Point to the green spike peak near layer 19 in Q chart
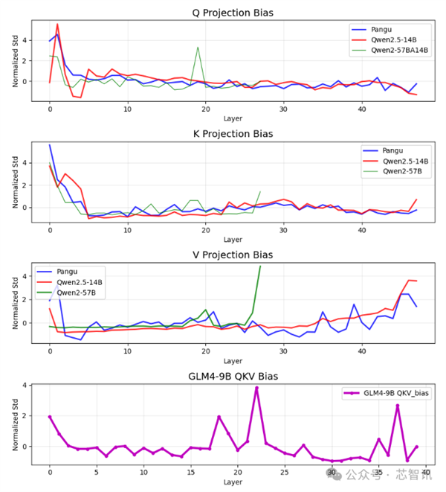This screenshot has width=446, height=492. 198,48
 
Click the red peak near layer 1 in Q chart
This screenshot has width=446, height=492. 57,24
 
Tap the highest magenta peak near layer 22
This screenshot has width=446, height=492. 256,388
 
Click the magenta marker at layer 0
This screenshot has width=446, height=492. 50,417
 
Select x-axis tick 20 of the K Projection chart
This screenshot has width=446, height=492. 205,231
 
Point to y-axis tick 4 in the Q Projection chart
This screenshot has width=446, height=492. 27,40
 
